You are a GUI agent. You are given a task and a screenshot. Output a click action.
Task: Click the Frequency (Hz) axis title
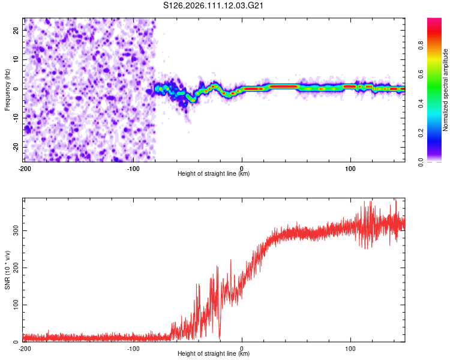click(x=7, y=90)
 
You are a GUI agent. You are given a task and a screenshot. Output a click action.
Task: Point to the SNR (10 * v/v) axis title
click(x=7, y=270)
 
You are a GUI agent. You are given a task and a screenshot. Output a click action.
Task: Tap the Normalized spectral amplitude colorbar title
click(x=445, y=90)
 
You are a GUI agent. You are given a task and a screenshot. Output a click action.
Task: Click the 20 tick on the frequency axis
click(x=16, y=30)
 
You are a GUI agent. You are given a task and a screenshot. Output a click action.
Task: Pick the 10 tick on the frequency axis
click(x=16, y=59)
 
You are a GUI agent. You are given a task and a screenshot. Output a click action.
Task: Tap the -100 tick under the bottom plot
click(x=133, y=349)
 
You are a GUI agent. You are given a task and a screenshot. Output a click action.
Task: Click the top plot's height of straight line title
click(x=214, y=174)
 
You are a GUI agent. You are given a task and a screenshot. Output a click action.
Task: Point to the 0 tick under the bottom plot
click(x=242, y=349)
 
